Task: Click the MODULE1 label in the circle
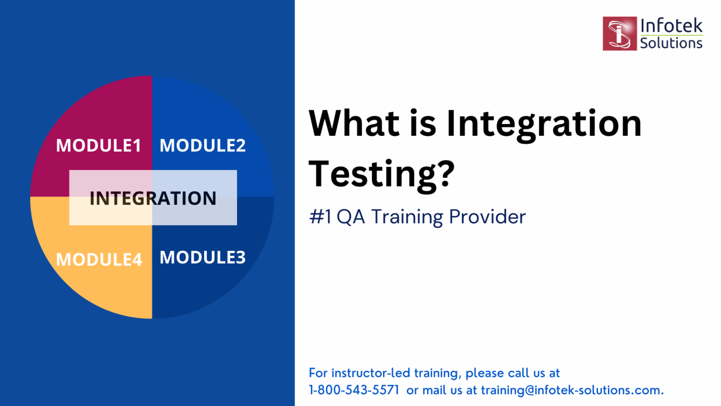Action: [99, 146]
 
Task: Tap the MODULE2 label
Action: [202, 146]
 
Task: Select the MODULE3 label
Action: [202, 258]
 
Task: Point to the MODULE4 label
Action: [99, 259]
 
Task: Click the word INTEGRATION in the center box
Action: [153, 198]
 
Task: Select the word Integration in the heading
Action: [544, 125]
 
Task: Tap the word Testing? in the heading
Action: [382, 174]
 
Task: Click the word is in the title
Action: [422, 124]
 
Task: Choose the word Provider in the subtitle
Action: [487, 217]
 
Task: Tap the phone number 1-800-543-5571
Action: [354, 390]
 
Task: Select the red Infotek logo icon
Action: [619, 33]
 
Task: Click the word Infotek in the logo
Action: [671, 25]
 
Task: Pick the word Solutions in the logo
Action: [671, 43]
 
